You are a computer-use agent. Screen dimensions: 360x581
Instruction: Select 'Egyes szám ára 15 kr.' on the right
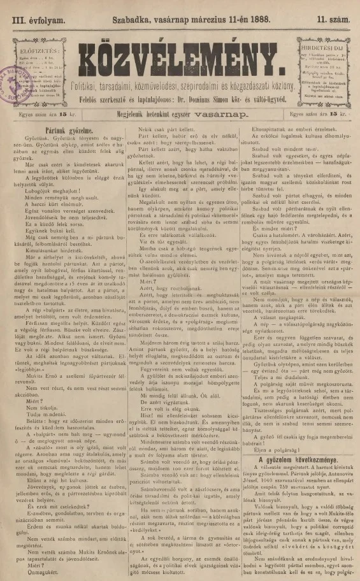click(x=321, y=115)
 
